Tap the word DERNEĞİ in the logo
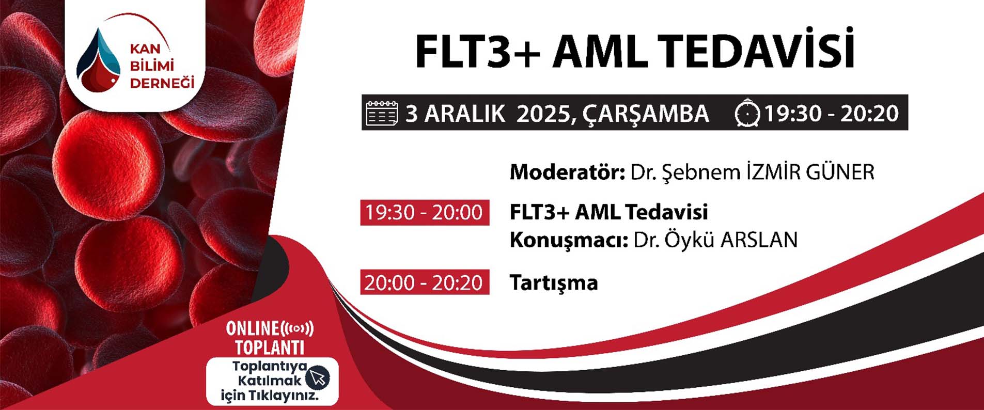coord(162,83)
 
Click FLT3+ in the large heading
coord(477,52)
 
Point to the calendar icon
coord(382,113)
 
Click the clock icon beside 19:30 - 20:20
coord(747,113)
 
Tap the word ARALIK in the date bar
coord(465,114)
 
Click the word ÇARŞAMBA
coord(646,114)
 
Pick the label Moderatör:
coord(567,172)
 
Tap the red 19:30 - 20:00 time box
coord(425,212)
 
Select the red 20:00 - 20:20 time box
coord(425,282)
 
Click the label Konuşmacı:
coord(569,240)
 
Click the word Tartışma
coord(554,282)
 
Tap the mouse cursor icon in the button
coord(318,377)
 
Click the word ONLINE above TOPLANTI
coord(253,328)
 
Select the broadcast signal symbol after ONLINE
coord(297,328)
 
